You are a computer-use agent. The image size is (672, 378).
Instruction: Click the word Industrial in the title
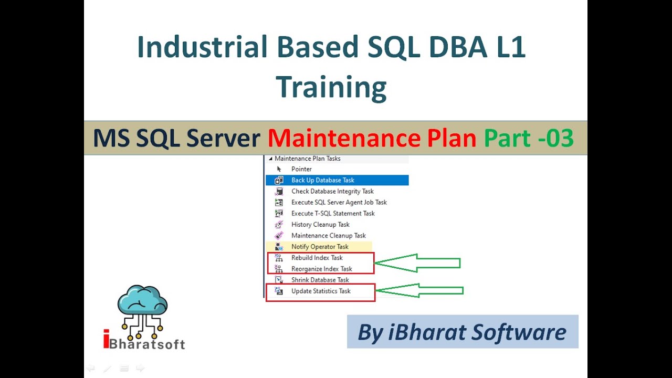coord(202,47)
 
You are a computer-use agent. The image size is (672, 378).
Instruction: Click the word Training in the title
coord(331,87)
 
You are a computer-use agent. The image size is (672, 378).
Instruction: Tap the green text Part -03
coord(528,138)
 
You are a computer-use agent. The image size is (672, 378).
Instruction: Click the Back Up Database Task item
coord(323,180)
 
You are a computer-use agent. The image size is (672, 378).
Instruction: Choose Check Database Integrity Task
coord(332,191)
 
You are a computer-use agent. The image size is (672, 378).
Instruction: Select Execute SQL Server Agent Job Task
coord(339,202)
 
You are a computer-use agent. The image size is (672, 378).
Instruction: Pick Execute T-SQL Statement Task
coord(333,213)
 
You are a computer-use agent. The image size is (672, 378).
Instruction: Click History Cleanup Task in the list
coord(320,224)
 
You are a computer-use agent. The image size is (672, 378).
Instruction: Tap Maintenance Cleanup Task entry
coord(329,236)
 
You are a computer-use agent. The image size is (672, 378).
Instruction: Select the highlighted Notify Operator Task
coord(320,247)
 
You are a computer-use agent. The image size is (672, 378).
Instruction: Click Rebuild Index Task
coord(317,258)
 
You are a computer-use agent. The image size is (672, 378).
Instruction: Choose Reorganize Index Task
coord(322,269)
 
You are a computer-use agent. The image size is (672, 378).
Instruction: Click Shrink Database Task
coord(320,280)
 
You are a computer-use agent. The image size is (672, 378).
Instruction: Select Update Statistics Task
coord(321,291)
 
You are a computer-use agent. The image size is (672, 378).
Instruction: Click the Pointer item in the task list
coord(301,169)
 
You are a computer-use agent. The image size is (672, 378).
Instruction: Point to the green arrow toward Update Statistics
coord(420,290)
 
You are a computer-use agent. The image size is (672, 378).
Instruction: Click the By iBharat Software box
coord(462,332)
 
